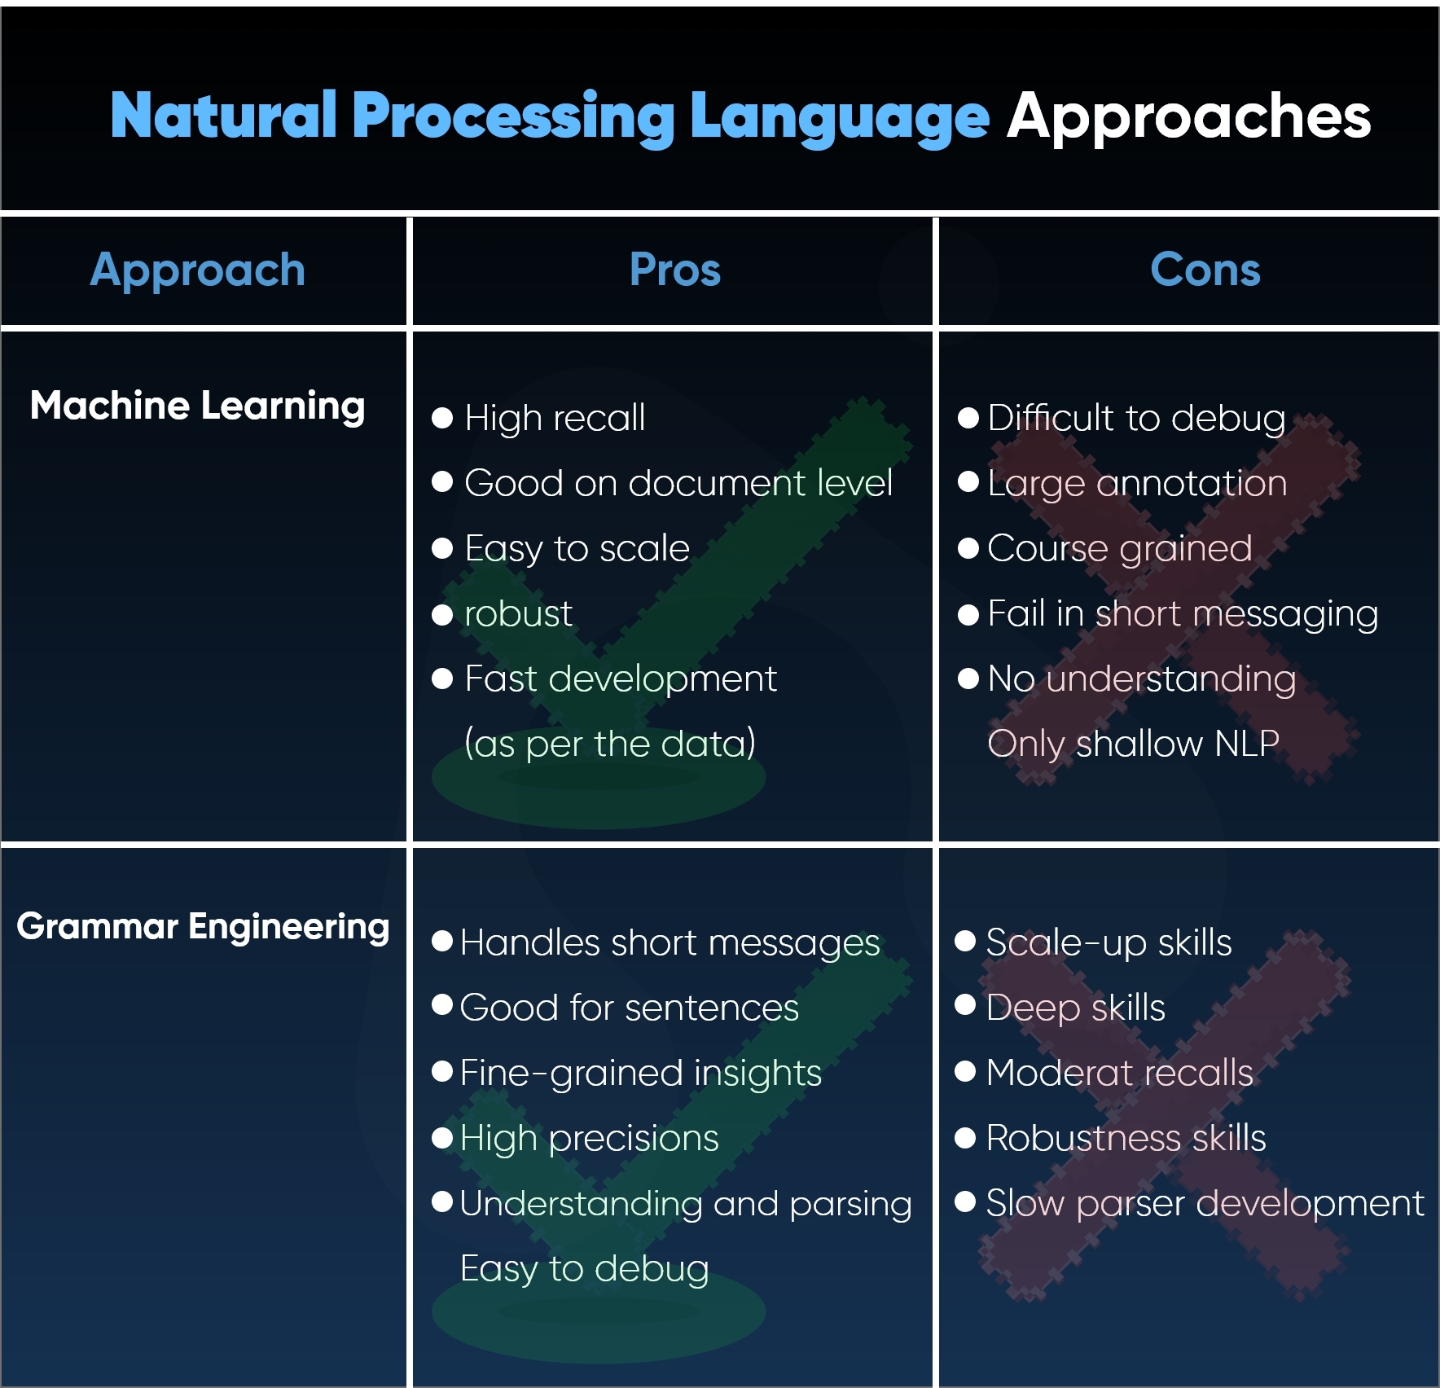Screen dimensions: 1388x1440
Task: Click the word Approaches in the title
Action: pos(1188,116)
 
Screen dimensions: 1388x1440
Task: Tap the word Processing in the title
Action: pos(513,116)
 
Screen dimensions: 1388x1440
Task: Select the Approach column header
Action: pos(198,270)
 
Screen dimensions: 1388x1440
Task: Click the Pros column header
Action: pos(675,270)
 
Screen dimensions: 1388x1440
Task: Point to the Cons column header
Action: pos(1205,270)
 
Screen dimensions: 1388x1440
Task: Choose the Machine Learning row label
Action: pos(198,406)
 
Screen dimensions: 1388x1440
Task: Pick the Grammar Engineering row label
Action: pos(203,927)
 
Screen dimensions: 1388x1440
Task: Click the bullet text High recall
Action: pos(555,418)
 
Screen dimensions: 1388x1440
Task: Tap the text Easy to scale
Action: pos(577,548)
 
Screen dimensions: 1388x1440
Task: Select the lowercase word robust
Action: pos(518,613)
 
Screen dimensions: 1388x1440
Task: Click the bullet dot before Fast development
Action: pos(442,679)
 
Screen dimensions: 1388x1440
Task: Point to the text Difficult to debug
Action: pos(1136,418)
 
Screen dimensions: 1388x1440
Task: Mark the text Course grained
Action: pos(1119,548)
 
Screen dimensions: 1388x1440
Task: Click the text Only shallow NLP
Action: pos(1133,744)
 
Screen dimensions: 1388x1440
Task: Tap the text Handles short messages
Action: pos(670,942)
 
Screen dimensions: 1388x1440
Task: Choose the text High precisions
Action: pos(589,1138)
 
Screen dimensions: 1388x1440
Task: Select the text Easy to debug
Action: pos(584,1268)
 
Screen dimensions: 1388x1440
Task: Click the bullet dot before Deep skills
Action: pos(965,1006)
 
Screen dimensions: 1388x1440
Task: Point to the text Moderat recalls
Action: pos(1119,1073)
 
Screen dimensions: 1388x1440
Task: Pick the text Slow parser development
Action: pos(1205,1203)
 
